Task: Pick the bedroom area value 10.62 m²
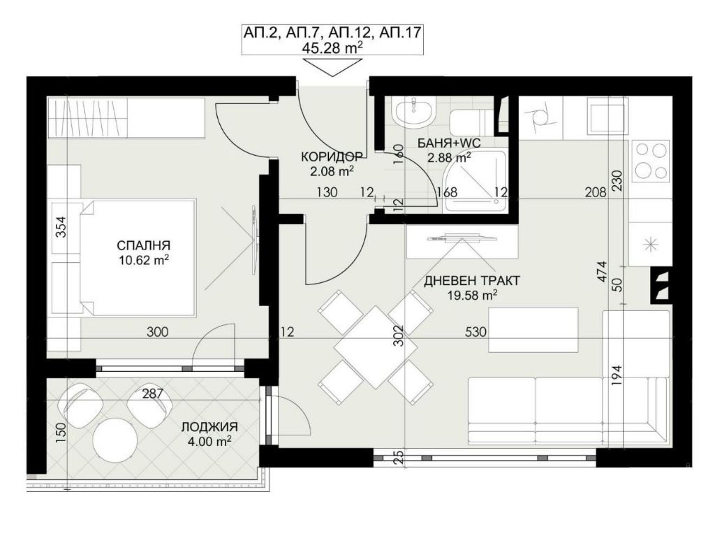tap(145, 260)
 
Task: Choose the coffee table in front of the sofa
tap(533, 328)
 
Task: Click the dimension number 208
tap(595, 193)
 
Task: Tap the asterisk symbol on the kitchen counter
tap(649, 243)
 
